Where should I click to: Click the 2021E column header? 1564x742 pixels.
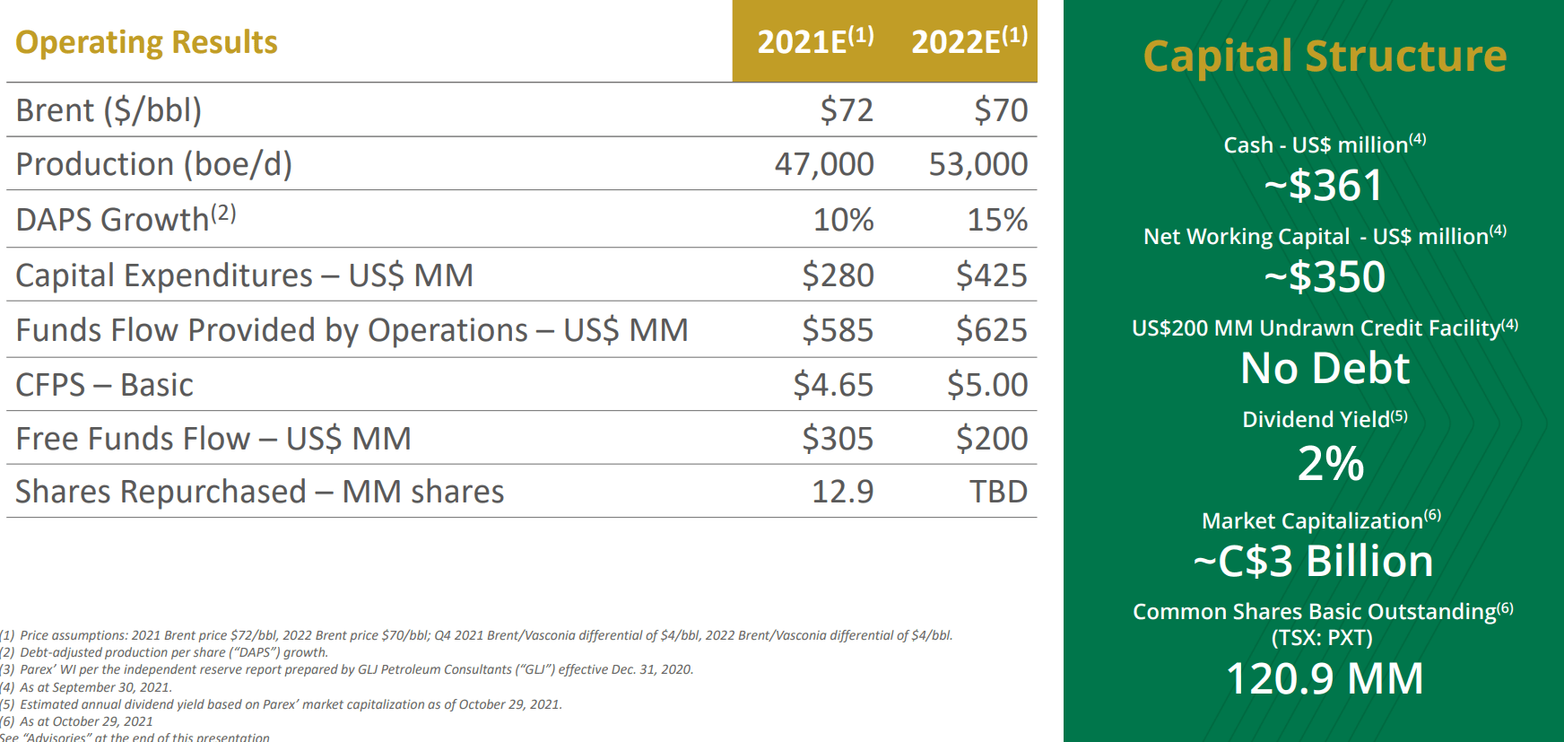[x=814, y=41]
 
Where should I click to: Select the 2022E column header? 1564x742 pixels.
[x=969, y=41]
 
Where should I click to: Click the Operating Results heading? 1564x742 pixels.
[x=146, y=42]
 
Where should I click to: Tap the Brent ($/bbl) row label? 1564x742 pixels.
[x=109, y=110]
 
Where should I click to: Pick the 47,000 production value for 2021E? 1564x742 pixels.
[x=823, y=164]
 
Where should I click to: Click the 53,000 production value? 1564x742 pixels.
[x=977, y=164]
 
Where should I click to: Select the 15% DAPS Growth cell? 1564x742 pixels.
[x=996, y=220]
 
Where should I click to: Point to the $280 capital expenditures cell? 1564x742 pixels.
[x=837, y=275]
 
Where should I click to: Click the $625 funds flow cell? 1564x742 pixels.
[x=991, y=330]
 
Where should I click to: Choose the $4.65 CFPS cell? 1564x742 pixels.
[x=832, y=385]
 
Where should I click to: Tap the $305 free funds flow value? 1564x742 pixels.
[x=837, y=439]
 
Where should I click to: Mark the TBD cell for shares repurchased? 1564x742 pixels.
[x=998, y=492]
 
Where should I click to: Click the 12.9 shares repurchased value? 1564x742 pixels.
[x=842, y=492]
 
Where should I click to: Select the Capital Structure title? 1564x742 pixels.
[x=1325, y=56]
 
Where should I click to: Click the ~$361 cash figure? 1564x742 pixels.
[x=1325, y=186]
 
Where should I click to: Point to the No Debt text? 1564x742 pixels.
[x=1325, y=368]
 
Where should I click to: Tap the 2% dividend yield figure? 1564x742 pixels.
[x=1330, y=464]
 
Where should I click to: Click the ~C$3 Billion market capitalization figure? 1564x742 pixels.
[x=1313, y=562]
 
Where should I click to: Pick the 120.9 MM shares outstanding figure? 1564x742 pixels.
[x=1325, y=678]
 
